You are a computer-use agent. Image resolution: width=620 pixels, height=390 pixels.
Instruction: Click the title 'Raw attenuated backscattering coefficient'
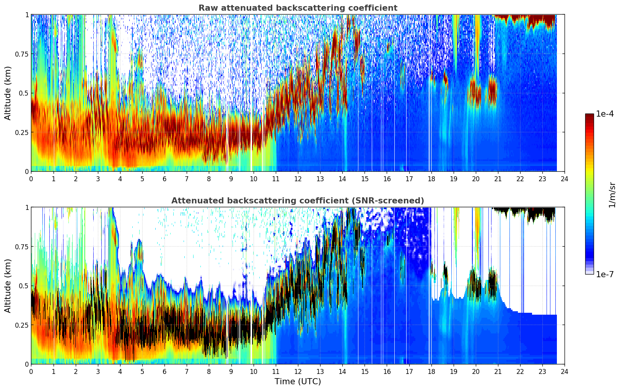tap(298, 8)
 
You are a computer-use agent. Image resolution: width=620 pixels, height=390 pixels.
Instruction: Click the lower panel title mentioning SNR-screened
tap(298, 201)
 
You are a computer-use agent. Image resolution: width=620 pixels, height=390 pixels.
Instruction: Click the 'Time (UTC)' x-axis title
tap(298, 382)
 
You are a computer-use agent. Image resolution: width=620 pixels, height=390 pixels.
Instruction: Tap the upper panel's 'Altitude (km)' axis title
tap(8, 93)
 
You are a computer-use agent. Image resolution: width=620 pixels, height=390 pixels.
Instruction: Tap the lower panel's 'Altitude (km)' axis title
tap(8, 286)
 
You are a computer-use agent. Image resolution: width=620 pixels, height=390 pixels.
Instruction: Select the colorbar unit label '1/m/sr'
tap(612, 195)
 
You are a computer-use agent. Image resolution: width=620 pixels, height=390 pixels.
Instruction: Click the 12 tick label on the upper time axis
tap(298, 179)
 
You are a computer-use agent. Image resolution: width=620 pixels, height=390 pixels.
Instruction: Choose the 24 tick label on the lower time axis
tap(565, 371)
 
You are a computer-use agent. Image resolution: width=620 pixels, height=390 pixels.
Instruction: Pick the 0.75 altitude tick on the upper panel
tap(21, 54)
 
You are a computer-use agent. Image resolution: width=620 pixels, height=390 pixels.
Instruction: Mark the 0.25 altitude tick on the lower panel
tap(21, 325)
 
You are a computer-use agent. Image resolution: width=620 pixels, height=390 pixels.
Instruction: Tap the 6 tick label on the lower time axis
tap(164, 371)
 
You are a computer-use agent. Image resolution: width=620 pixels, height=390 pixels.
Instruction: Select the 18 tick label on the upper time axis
tap(431, 179)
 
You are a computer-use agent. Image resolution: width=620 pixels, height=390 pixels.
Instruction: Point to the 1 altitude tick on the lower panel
tap(27, 208)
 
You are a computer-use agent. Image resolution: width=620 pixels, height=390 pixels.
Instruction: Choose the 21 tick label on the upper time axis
tap(498, 179)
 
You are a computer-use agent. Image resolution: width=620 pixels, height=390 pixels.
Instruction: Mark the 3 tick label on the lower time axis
tap(98, 371)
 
